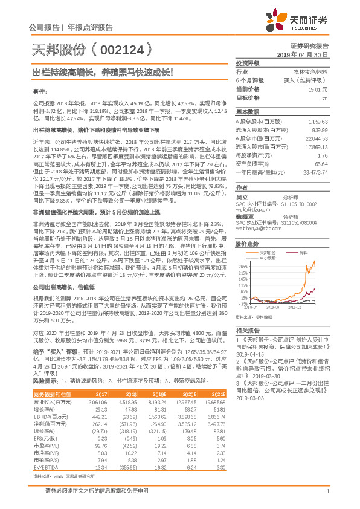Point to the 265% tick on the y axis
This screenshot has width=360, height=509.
click(243, 266)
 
